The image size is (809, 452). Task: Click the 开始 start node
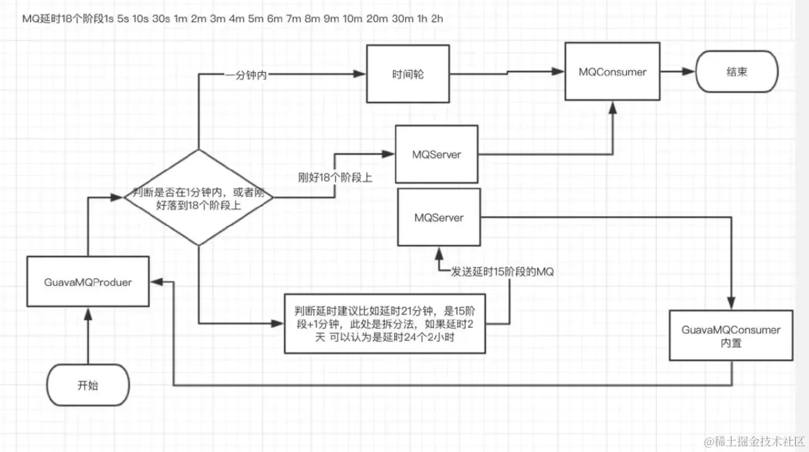pos(88,385)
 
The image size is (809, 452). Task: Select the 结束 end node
pos(737,72)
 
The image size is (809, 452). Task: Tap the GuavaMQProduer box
pos(88,282)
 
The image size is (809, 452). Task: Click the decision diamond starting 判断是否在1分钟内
pos(198,198)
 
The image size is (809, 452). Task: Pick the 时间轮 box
pos(408,74)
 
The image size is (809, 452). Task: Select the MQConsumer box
pos(612,72)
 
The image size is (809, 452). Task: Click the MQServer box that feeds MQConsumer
pos(437,155)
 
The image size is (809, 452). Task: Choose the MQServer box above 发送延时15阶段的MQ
pos(439,218)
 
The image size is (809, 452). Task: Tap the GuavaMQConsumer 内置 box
pos(731,335)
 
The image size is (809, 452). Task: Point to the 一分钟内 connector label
pos(245,76)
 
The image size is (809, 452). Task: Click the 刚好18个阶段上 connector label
pos(335,178)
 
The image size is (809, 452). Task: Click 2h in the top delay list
pos(437,18)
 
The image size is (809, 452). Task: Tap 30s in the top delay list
pos(161,18)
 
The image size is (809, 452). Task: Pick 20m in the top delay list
pos(377,18)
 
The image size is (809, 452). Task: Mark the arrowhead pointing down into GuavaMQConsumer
pos(731,304)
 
